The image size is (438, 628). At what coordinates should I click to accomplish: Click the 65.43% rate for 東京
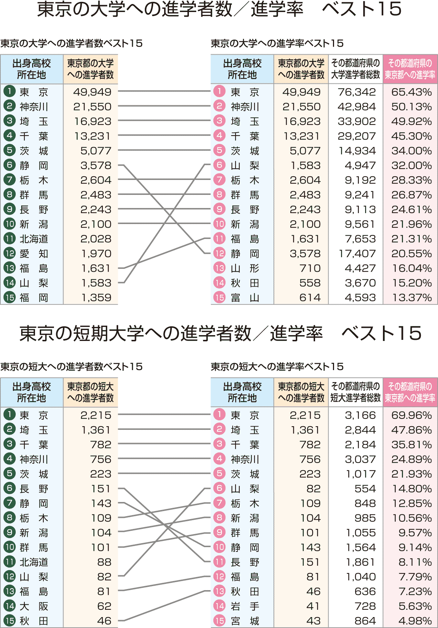pyautogui.click(x=411, y=92)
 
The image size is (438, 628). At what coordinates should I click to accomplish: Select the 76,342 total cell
pyautogui.click(x=356, y=92)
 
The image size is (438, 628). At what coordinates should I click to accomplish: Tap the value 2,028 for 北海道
pyautogui.click(x=96, y=239)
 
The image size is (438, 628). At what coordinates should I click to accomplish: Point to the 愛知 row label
pyautogui.click(x=34, y=254)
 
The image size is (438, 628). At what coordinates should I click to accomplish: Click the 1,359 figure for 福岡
pyautogui.click(x=96, y=298)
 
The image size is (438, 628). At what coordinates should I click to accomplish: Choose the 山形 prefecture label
pyautogui.click(x=245, y=268)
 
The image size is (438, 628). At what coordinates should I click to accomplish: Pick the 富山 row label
pyautogui.click(x=245, y=298)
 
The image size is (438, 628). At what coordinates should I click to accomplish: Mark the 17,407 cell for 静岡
pyautogui.click(x=357, y=254)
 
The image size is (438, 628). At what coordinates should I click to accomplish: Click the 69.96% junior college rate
pyautogui.click(x=411, y=415)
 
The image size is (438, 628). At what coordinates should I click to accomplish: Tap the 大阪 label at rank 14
pyautogui.click(x=34, y=606)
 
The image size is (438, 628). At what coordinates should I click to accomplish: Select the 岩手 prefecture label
pyautogui.click(x=245, y=606)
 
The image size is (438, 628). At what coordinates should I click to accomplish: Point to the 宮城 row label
pyautogui.click(x=245, y=621)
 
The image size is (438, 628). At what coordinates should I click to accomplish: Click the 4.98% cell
pyautogui.click(x=415, y=621)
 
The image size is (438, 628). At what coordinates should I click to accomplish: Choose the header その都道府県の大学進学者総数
pyautogui.click(x=356, y=69)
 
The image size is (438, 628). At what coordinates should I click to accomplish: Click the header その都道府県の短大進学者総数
pyautogui.click(x=356, y=392)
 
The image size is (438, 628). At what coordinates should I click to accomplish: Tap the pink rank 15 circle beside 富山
pyautogui.click(x=219, y=298)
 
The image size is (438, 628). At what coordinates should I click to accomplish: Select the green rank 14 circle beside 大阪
pyautogui.click(x=9, y=606)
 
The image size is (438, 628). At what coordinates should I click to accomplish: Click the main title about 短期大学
pyautogui.click(x=220, y=333)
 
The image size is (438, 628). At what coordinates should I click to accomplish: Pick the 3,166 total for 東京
pyautogui.click(x=360, y=415)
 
